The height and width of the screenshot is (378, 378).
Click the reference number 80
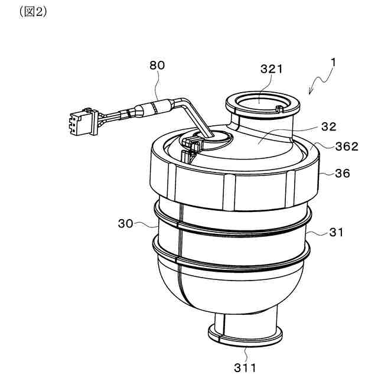[157, 66]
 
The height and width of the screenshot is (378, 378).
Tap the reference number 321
[271, 69]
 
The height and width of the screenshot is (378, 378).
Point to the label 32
[312, 126]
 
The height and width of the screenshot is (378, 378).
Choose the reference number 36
[342, 174]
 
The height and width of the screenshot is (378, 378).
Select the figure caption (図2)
[33, 12]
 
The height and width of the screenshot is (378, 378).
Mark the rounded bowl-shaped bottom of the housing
[230, 289]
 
